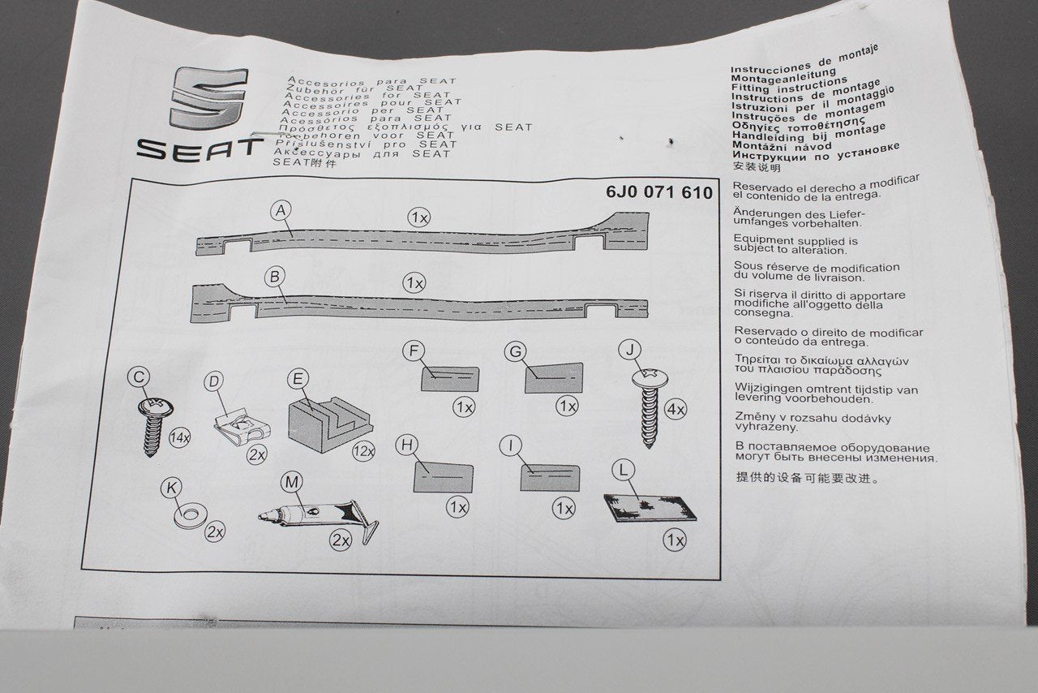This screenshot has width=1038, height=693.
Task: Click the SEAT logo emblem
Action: point(208,97)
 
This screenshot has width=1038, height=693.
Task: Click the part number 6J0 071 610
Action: point(658,192)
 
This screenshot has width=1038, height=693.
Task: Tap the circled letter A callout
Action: point(281,211)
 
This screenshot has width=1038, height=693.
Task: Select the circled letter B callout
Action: point(275,278)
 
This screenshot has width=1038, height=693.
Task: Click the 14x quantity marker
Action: point(179,438)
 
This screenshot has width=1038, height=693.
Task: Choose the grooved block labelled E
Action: point(328,419)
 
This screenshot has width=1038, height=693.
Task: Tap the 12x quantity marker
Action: point(362,451)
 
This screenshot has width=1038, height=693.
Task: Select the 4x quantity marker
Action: point(675,410)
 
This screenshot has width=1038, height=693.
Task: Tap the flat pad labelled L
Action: point(650,508)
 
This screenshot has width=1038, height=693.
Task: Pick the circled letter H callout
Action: point(407,445)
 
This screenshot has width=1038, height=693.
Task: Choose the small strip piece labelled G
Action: point(554,378)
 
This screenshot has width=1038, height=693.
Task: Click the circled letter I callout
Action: point(511,446)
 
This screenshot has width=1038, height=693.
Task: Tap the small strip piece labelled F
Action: point(449,379)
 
